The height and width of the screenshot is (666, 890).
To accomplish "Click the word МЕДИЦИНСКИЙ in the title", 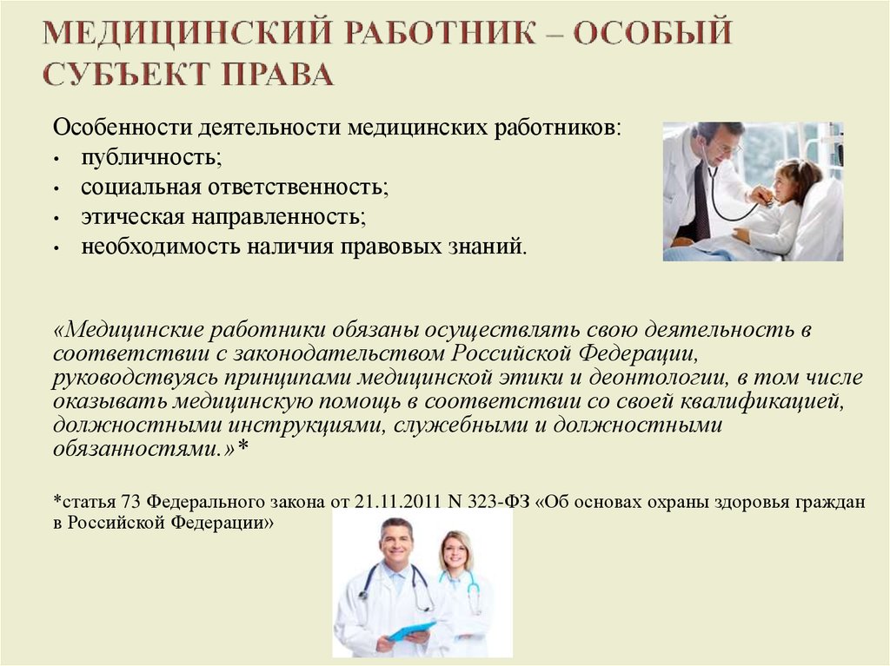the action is (187, 32).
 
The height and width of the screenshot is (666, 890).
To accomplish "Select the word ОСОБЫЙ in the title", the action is (652, 32).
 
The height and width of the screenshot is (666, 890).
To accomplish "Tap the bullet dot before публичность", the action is (56, 160).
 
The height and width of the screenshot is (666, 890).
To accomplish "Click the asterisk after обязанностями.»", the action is (243, 446).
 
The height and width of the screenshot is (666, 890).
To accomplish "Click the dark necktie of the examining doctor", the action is (702, 200).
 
